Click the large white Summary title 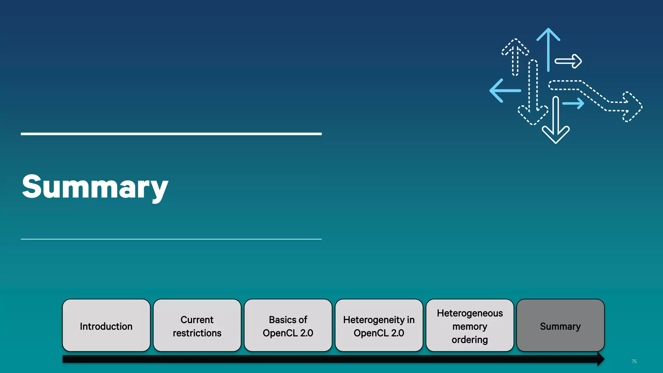pyautogui.click(x=95, y=187)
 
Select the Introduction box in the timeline pyautogui.click(x=106, y=325)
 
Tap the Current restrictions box pyautogui.click(x=197, y=325)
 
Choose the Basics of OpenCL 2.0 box pyautogui.click(x=288, y=325)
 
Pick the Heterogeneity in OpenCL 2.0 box pyautogui.click(x=379, y=325)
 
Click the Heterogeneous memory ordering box pyautogui.click(x=470, y=325)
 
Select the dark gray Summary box pyautogui.click(x=560, y=325)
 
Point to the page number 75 pyautogui.click(x=634, y=361)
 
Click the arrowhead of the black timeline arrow pyautogui.click(x=601, y=359)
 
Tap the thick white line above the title pyautogui.click(x=171, y=134)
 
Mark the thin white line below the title pyautogui.click(x=171, y=239)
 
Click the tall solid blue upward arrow pyautogui.click(x=548, y=49)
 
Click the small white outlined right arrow pyautogui.click(x=569, y=61)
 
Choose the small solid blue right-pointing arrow pyautogui.click(x=574, y=104)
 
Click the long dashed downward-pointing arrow pyautogui.click(x=533, y=94)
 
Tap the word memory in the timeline pyautogui.click(x=470, y=326)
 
